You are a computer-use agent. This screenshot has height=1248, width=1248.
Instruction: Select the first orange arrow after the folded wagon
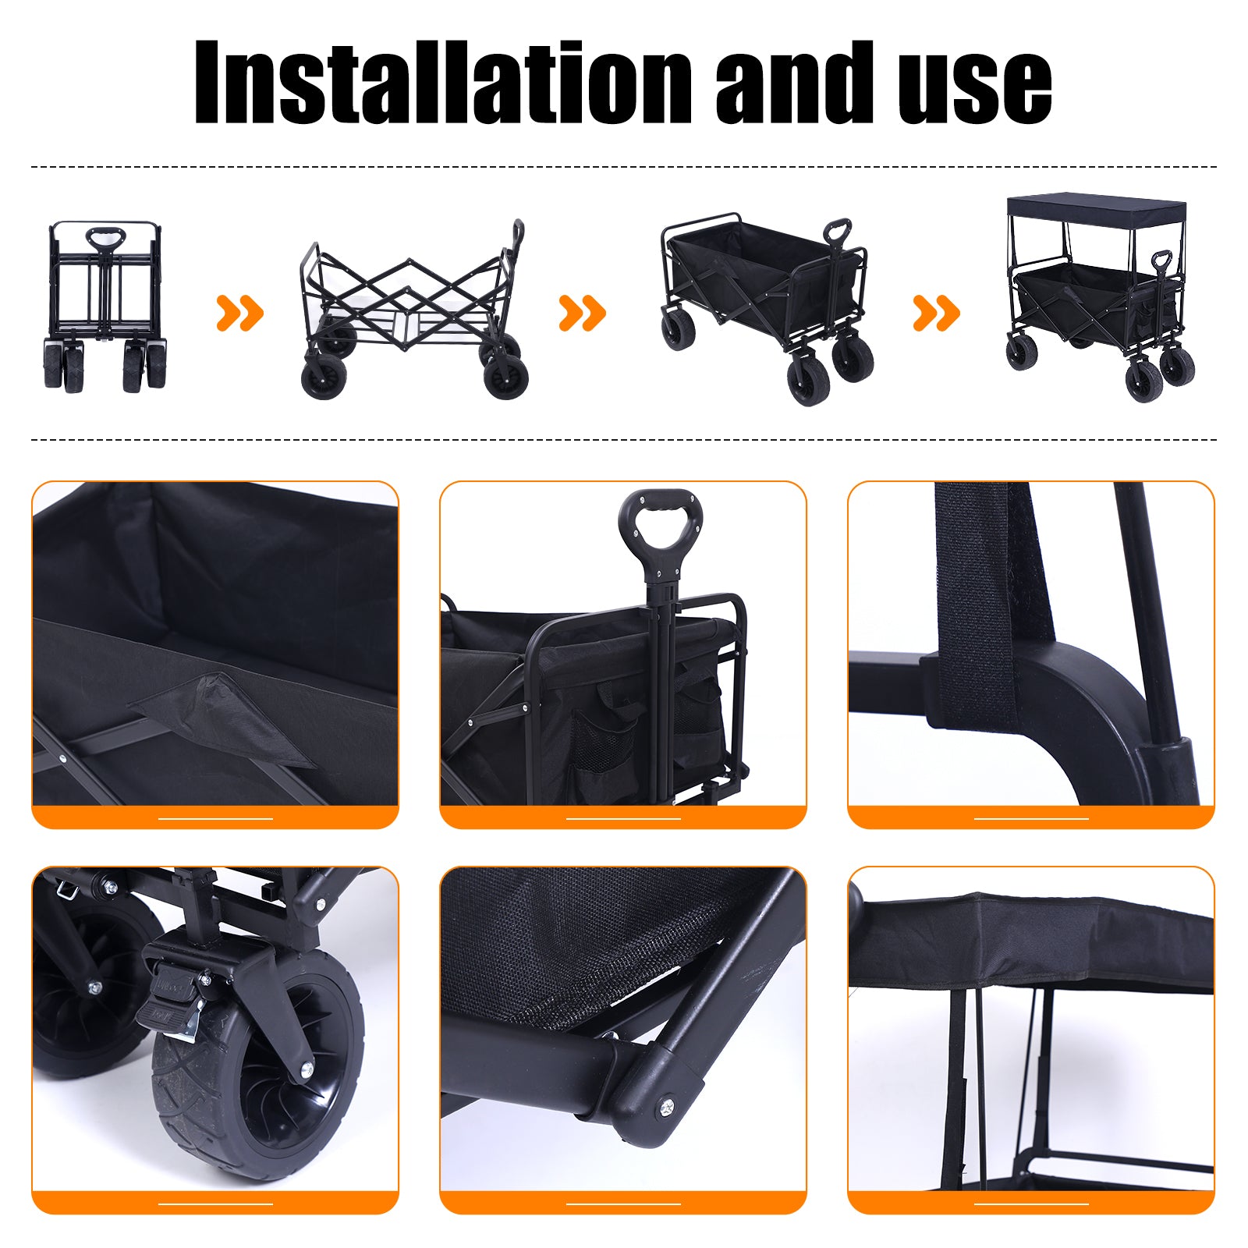click(x=239, y=313)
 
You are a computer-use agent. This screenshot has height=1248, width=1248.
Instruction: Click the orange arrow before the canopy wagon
click(x=936, y=313)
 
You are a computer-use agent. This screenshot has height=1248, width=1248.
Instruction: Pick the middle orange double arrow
click(x=582, y=313)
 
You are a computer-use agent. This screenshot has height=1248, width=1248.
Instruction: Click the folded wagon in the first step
click(x=105, y=306)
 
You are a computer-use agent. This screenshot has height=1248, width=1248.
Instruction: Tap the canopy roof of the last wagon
click(x=1096, y=209)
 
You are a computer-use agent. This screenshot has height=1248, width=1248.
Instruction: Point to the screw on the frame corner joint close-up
click(x=668, y=1105)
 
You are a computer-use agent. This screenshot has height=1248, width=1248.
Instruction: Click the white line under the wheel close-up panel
click(x=215, y=1204)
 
